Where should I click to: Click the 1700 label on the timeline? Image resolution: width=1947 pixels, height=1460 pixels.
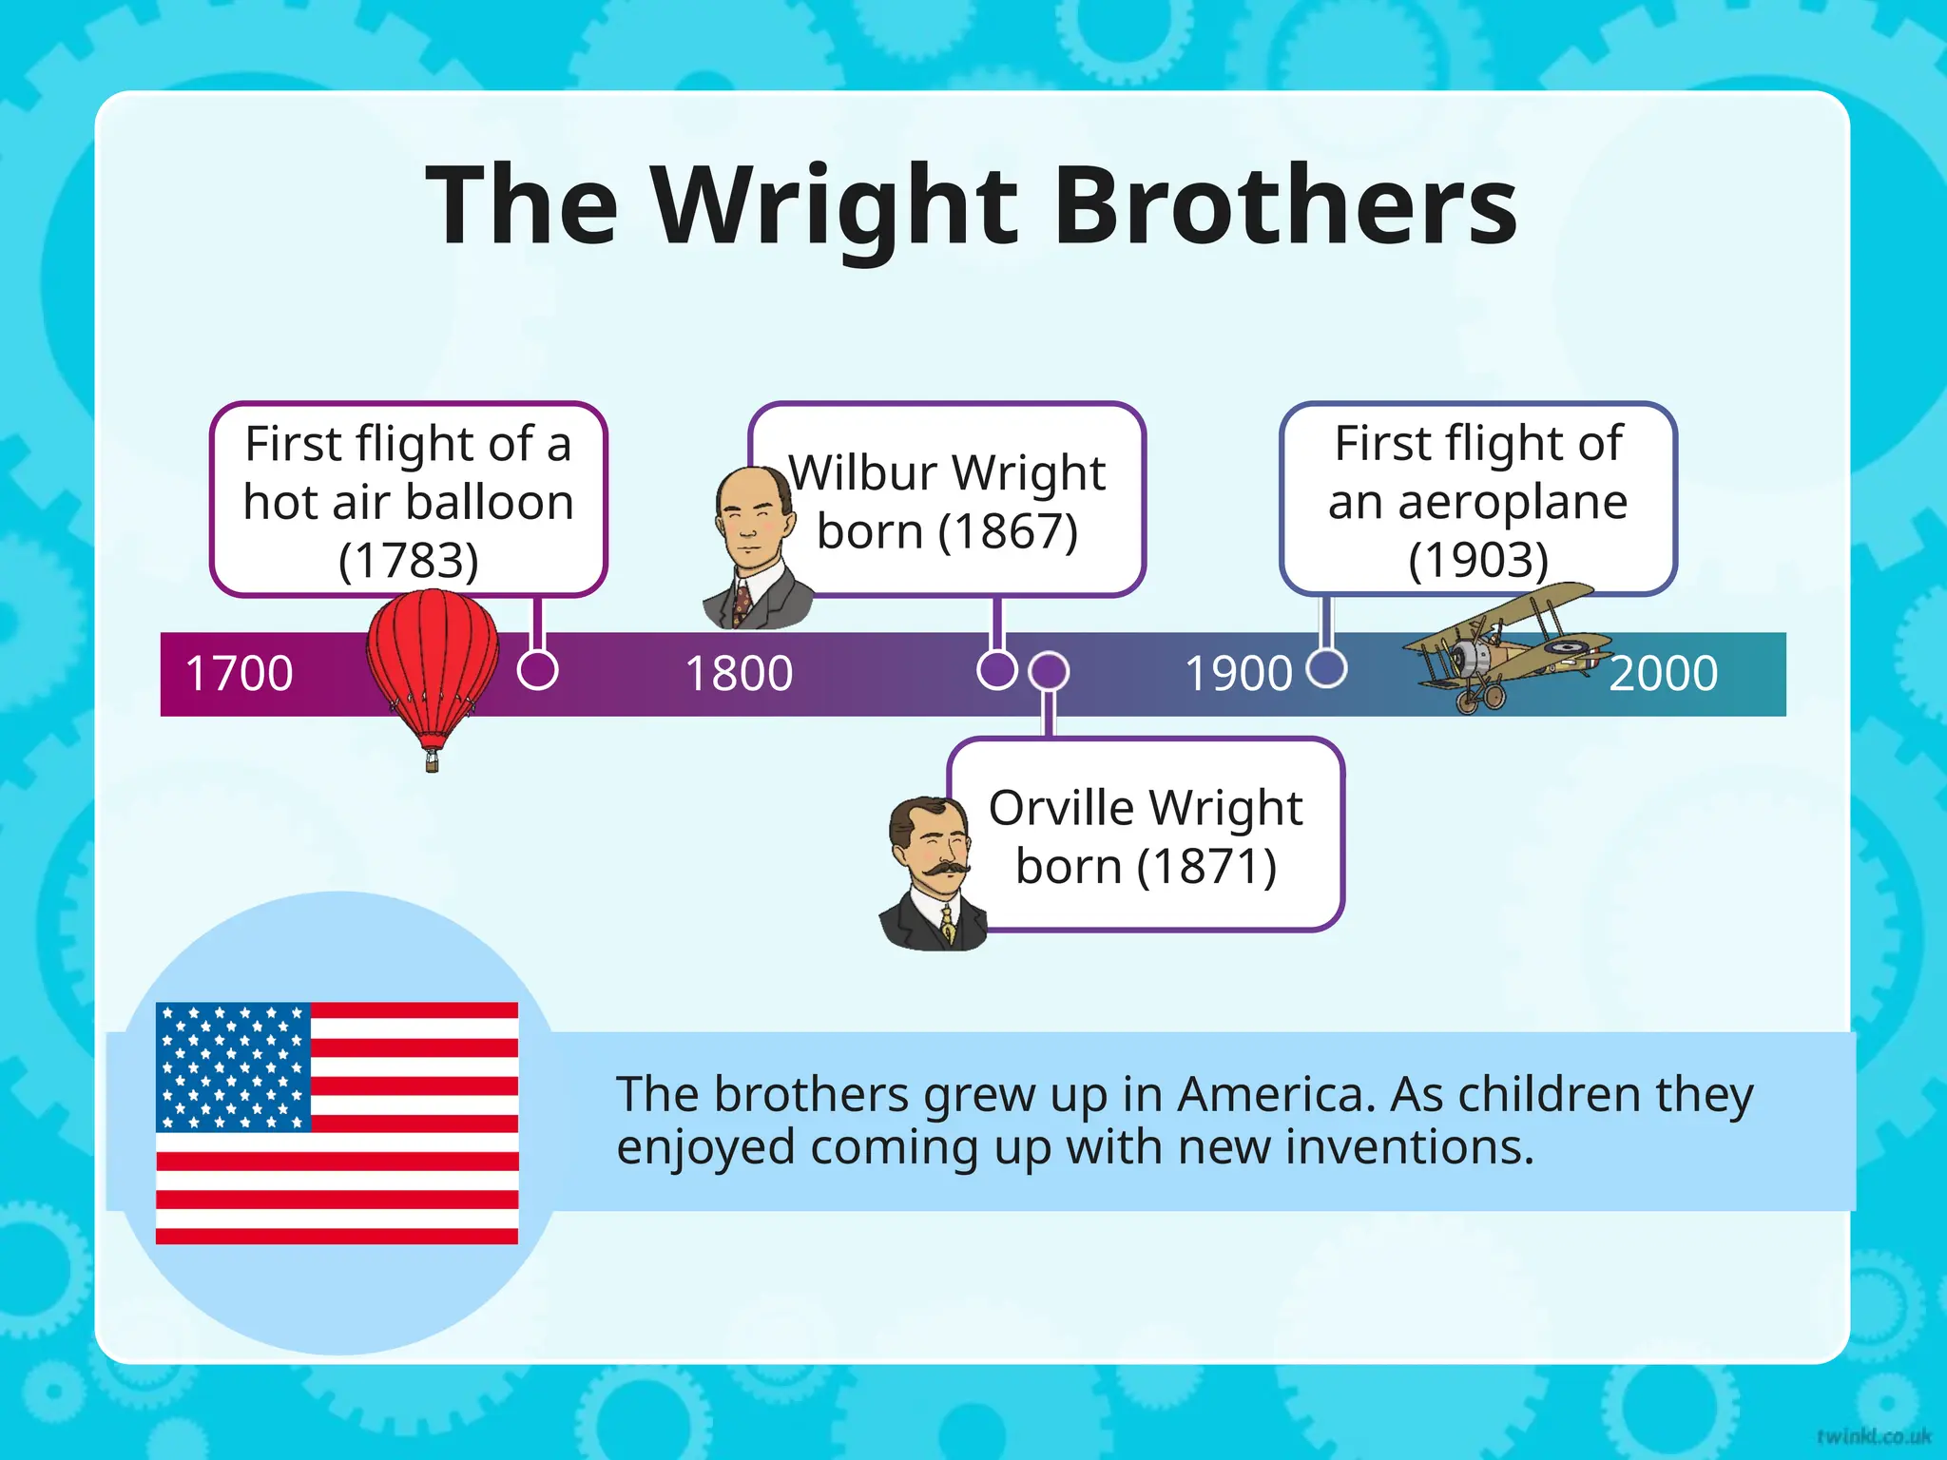pyautogui.click(x=239, y=673)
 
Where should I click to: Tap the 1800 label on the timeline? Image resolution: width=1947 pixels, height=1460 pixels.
pyautogui.click(x=739, y=673)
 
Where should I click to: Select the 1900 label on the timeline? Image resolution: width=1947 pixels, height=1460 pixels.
pyautogui.click(x=1238, y=673)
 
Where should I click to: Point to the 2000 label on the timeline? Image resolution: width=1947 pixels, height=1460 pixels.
pyautogui.click(x=1663, y=673)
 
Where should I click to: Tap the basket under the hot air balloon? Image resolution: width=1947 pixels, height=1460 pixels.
pyautogui.click(x=433, y=759)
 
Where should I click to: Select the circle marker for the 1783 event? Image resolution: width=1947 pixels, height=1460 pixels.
pyautogui.click(x=537, y=669)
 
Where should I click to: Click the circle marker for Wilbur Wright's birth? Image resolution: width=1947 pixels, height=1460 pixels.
pyautogui.click(x=996, y=669)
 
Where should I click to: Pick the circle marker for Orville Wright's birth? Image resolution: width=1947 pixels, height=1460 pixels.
pyautogui.click(x=1049, y=671)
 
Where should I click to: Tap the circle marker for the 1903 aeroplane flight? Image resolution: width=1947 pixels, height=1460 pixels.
pyautogui.click(x=1326, y=667)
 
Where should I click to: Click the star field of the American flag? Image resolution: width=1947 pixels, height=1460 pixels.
pyautogui.click(x=233, y=1066)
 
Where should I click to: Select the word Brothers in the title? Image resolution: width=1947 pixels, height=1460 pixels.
pyautogui.click(x=1284, y=205)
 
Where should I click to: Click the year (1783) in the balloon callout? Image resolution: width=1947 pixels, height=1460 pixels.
pyautogui.click(x=408, y=560)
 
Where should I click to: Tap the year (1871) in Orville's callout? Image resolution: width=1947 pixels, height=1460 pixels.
pyautogui.click(x=1206, y=866)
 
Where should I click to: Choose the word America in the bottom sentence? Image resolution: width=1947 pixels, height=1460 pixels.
pyautogui.click(x=1276, y=1094)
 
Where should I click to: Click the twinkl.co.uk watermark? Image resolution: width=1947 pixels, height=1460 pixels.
pyautogui.click(x=1873, y=1435)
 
